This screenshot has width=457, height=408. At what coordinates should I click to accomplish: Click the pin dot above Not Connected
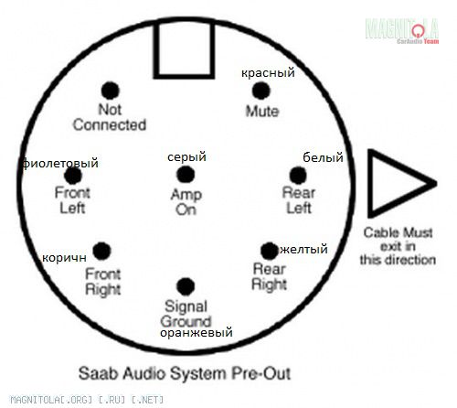[x=110, y=91]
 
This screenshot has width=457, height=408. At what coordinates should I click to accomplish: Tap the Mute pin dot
[x=261, y=91]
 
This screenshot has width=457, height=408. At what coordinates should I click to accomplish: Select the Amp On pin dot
[x=186, y=175]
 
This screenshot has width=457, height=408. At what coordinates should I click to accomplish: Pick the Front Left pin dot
[x=73, y=176]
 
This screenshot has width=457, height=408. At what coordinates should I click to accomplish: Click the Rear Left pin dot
[x=298, y=176]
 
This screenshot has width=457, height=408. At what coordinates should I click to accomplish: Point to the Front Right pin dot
[x=101, y=251]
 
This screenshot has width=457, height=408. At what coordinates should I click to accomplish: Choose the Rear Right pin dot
[x=270, y=251]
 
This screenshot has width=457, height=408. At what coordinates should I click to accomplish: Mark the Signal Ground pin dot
[x=186, y=286]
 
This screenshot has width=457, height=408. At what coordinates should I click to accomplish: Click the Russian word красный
[x=268, y=73]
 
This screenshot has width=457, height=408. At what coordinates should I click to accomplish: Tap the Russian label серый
[x=186, y=157]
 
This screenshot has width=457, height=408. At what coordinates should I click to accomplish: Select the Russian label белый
[x=323, y=157]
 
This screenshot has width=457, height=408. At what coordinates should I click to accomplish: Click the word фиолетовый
[x=60, y=164]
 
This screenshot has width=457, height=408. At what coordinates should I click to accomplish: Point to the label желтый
[x=303, y=249]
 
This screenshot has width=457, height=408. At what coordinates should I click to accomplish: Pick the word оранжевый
[x=197, y=333]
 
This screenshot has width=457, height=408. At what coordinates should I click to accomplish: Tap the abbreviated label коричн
[x=64, y=258]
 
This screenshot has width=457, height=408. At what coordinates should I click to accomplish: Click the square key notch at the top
[x=184, y=48]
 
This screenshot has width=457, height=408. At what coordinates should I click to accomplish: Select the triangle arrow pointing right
[x=400, y=184]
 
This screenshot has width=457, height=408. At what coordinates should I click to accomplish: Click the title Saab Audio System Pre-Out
[x=185, y=373]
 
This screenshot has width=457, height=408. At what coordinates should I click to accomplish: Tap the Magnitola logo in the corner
[x=402, y=31]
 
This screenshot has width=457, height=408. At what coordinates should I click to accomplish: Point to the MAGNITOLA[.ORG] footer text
[x=87, y=400]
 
